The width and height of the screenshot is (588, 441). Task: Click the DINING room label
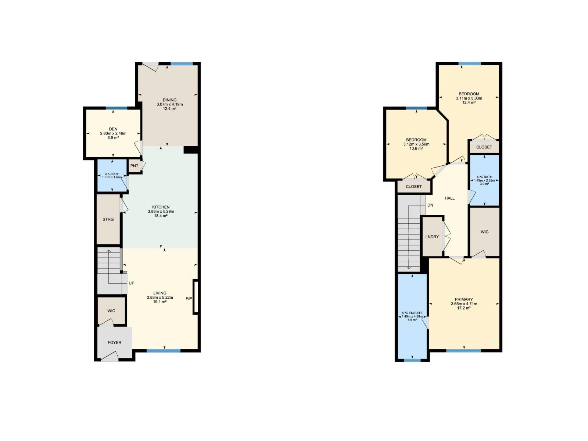169,100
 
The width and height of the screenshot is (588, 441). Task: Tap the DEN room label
113,129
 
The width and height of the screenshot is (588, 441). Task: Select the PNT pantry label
134,166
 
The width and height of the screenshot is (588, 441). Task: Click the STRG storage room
108,219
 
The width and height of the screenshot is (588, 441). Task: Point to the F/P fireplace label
189,298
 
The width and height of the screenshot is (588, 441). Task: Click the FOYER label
114,343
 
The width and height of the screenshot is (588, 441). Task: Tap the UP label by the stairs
132,283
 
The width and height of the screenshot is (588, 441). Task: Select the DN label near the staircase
430,205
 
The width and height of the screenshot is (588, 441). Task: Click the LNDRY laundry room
432,237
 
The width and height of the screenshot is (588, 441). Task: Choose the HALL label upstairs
449,198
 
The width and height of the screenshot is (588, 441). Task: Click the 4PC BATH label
484,177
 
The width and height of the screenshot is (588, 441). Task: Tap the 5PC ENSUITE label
412,313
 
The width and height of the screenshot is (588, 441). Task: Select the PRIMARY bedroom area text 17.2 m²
464,308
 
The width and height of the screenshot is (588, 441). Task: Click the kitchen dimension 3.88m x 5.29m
161,211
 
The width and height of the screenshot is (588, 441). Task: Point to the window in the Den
116,108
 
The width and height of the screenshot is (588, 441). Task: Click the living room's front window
164,351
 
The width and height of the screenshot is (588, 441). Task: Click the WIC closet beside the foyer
111,311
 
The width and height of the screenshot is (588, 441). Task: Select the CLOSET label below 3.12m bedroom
414,187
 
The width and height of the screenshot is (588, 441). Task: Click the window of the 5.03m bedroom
470,64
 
